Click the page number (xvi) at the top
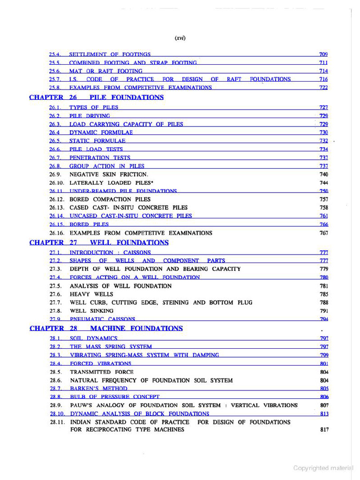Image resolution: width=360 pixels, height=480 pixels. [x=180, y=38]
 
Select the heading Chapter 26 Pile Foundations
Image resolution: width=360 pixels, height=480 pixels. [x=96, y=97]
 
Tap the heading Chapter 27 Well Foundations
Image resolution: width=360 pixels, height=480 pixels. [x=98, y=243]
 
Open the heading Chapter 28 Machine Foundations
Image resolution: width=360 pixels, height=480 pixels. [x=106, y=329]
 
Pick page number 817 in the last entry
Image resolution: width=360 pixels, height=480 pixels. [x=324, y=430]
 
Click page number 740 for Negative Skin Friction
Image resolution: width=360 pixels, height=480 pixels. [x=324, y=174]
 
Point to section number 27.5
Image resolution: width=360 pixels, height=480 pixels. [x=56, y=286]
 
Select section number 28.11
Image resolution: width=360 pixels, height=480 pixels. [x=57, y=422]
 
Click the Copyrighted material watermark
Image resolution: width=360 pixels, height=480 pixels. [x=323, y=468]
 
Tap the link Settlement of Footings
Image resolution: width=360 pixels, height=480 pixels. [x=110, y=54]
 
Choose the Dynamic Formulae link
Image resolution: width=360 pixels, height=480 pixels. [x=101, y=133]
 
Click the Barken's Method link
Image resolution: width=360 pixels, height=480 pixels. [x=98, y=389]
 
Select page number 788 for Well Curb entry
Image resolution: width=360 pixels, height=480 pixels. [x=324, y=303]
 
